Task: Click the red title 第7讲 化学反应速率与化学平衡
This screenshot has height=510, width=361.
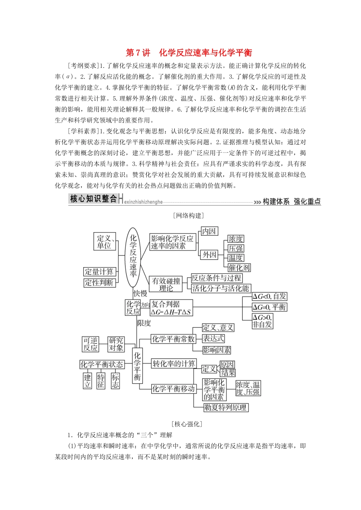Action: click(188, 52)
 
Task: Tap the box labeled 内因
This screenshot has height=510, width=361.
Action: click(209, 231)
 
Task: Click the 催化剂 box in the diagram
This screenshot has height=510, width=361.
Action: click(239, 268)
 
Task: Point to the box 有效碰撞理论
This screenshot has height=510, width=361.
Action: click(166, 284)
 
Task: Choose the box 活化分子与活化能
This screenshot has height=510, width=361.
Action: click(220, 288)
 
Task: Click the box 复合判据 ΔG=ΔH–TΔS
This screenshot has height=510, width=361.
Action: click(171, 308)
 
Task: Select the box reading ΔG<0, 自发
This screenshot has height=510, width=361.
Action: click(269, 296)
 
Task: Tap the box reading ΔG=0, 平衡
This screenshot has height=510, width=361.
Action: click(269, 307)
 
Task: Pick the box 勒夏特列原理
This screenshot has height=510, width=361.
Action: click(226, 408)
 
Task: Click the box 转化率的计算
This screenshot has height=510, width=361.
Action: click(174, 364)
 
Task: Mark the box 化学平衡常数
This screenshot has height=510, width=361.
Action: click(173, 339)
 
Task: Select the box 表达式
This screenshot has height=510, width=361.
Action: click(213, 338)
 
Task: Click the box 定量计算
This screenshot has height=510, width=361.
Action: click(99, 272)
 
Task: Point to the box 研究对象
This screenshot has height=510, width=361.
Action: click(116, 344)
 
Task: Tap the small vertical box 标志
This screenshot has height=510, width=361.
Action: click(115, 381)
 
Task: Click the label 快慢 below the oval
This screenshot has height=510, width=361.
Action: click(140, 293)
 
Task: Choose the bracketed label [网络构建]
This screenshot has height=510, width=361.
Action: click(188, 216)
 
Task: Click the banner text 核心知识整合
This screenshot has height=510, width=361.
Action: click(93, 199)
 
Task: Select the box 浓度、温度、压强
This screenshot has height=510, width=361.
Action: click(248, 388)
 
